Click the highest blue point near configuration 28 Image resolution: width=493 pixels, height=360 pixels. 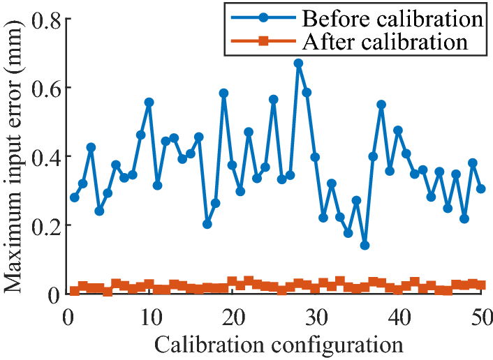point(298,63)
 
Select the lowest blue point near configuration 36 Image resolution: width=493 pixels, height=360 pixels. point(365,245)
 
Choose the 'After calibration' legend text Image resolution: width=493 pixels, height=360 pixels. point(385,42)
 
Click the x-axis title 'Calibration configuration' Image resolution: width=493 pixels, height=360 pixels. point(278,344)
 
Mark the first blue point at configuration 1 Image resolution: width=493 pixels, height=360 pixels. point(75,197)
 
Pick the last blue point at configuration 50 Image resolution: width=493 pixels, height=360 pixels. point(481,189)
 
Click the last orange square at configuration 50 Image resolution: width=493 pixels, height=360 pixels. point(481,285)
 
